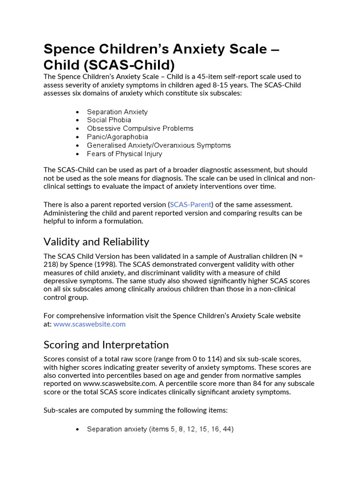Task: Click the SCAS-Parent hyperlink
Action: click(190, 204)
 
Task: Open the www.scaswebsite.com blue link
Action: click(90, 324)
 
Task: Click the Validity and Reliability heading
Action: click(96, 242)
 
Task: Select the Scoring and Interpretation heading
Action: click(106, 345)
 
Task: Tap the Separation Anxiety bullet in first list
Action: click(117, 112)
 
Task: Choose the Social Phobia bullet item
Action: click(109, 120)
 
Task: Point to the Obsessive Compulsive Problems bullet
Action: click(140, 128)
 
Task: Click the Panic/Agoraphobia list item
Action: click(117, 137)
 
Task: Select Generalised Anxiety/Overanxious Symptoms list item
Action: click(158, 145)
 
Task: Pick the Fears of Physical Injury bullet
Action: click(124, 154)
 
